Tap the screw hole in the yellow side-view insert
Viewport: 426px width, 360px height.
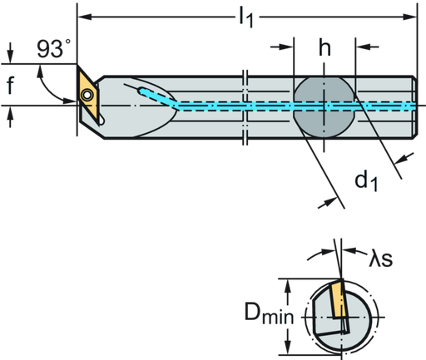click(x=87, y=94)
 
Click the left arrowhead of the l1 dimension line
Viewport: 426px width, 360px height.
click(x=83, y=15)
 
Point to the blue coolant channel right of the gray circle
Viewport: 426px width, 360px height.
click(x=383, y=107)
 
